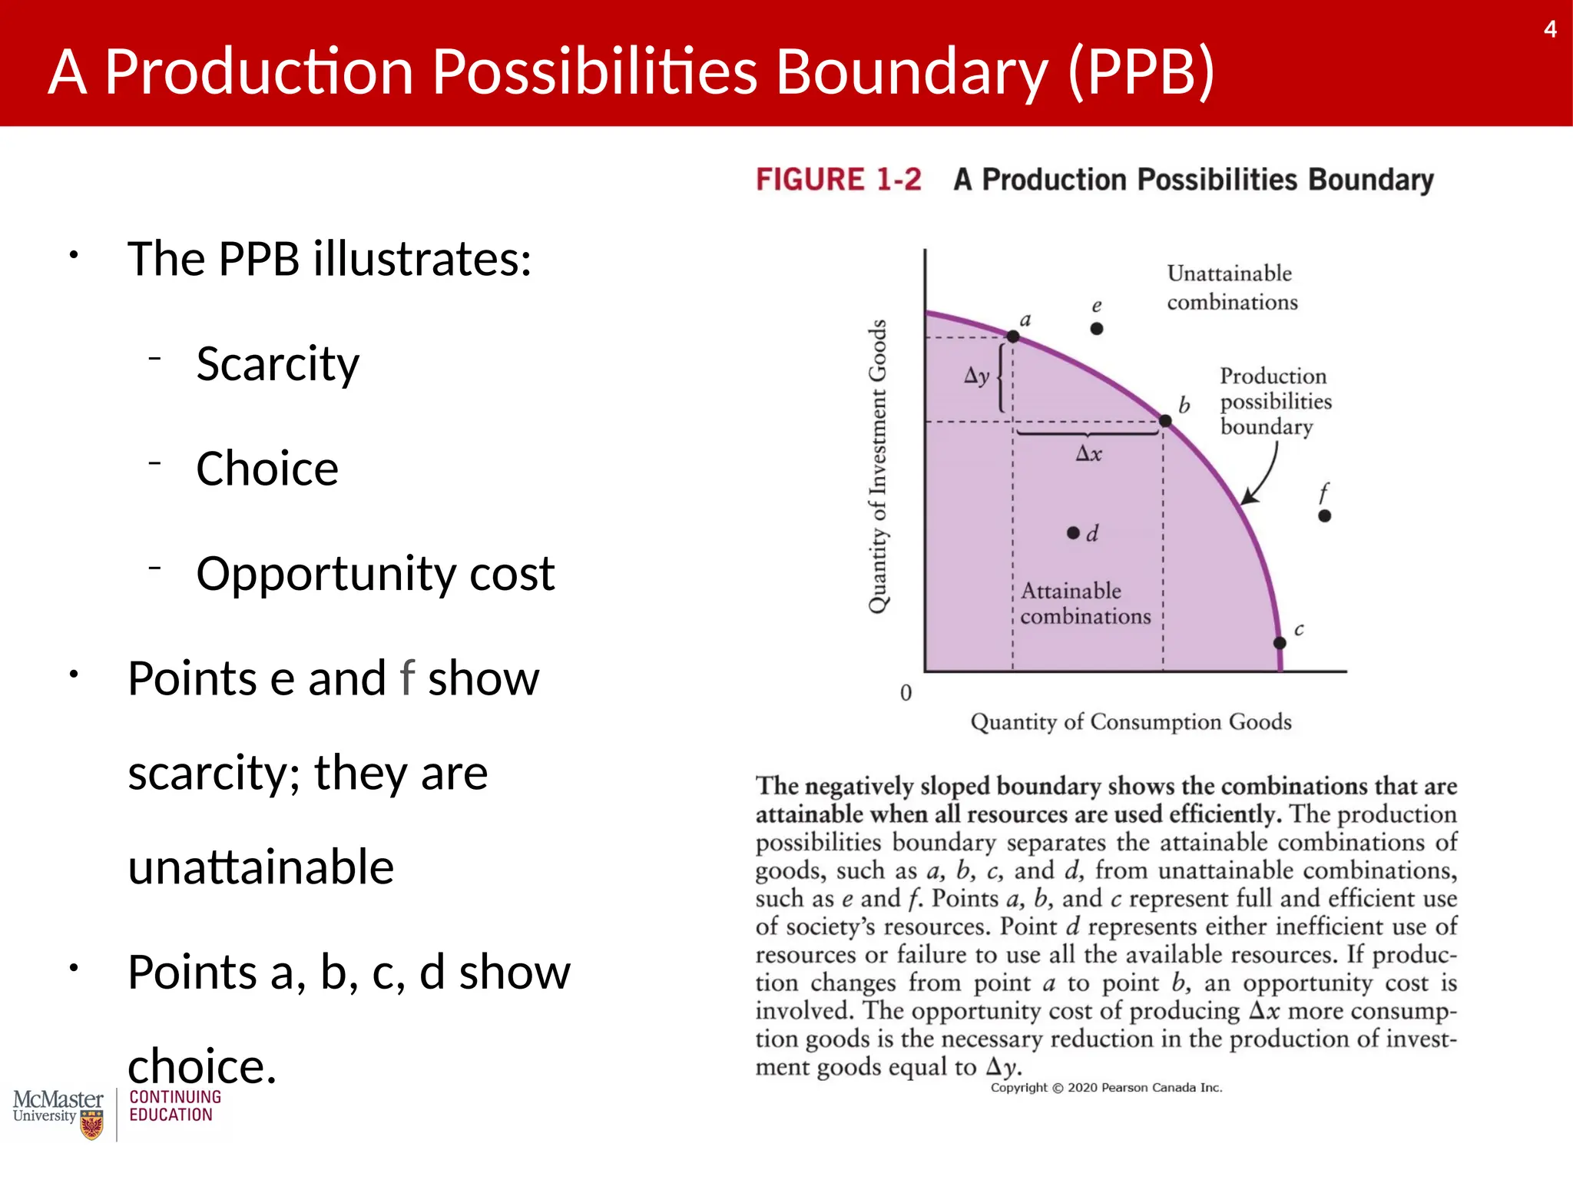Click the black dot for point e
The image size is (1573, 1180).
tap(1097, 329)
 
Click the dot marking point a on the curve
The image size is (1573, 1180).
tap(1013, 336)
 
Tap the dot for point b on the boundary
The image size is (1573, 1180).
tap(1165, 421)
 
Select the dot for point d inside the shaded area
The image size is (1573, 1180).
tap(1073, 533)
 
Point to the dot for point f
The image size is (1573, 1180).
tap(1324, 516)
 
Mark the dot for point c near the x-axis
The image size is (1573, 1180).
tap(1280, 643)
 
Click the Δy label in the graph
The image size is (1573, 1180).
tap(976, 376)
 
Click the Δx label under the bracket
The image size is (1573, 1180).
tap(1088, 454)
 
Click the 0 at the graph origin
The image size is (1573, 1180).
tap(906, 693)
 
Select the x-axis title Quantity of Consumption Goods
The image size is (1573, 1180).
tap(1131, 722)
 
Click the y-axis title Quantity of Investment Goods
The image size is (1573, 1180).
tap(878, 466)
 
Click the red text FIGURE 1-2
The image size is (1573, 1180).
tap(838, 180)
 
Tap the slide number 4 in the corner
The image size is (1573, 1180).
tap(1550, 30)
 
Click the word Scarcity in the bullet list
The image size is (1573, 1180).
tap(277, 363)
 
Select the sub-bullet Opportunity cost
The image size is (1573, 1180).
tap(375, 573)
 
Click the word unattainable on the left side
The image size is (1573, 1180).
tap(261, 867)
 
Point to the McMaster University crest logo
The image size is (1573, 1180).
tap(91, 1126)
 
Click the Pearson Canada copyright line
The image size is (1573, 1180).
tap(1106, 1088)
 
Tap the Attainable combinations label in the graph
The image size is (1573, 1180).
tap(1085, 604)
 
